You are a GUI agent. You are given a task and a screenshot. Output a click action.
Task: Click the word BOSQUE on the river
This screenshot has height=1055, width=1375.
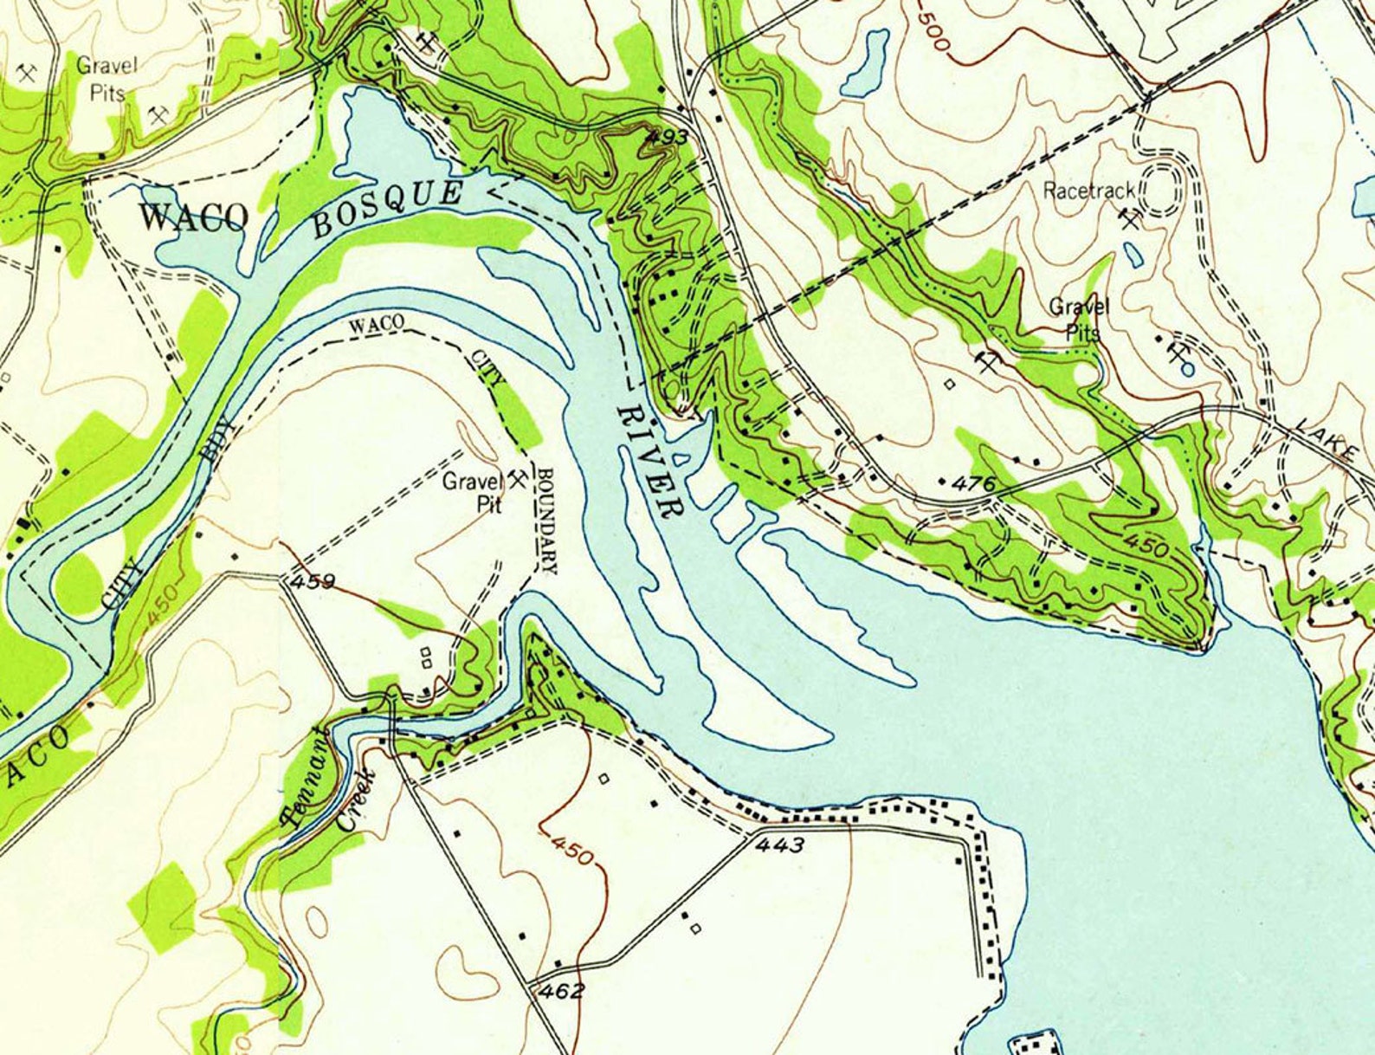point(386,209)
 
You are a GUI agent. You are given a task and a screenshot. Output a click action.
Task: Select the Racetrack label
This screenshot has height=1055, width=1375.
point(1088,191)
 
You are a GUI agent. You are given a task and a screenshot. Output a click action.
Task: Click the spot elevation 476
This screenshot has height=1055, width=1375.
point(972,483)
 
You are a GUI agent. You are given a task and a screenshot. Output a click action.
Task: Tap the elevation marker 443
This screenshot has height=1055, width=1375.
point(779,845)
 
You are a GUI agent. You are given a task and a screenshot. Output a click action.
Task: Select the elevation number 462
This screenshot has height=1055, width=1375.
point(560,991)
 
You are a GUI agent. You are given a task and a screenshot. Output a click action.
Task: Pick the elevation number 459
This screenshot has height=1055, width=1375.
point(313,581)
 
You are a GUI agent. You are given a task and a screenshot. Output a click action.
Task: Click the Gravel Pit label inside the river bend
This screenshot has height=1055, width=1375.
point(473,492)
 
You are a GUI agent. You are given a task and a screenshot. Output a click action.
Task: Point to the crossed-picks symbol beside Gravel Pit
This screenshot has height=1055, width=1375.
point(517,478)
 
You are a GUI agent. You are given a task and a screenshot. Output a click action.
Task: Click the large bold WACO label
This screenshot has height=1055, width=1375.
point(193,217)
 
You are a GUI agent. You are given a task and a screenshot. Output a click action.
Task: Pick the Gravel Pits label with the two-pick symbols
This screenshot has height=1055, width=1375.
point(107,77)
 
